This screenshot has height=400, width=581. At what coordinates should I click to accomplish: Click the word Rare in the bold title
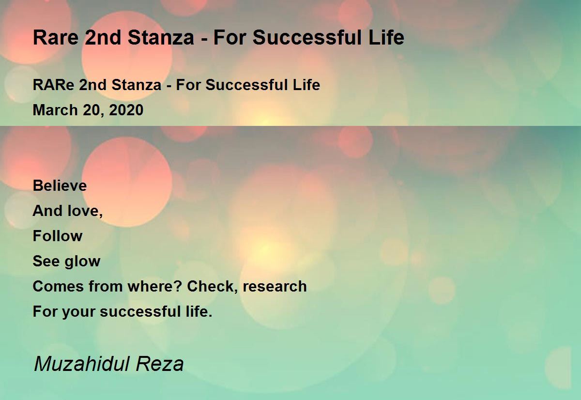56,38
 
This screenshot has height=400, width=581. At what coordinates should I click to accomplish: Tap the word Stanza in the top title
161,38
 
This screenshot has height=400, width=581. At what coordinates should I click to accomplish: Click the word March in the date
55,110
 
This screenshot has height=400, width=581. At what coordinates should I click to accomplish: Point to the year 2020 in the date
126,110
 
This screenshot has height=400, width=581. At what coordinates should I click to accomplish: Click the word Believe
60,186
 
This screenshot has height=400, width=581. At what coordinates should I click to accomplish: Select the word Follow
58,236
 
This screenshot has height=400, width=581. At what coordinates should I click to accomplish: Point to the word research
275,287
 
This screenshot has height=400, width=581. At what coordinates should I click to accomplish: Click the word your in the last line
79,312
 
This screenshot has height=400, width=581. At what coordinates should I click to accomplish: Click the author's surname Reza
160,364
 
